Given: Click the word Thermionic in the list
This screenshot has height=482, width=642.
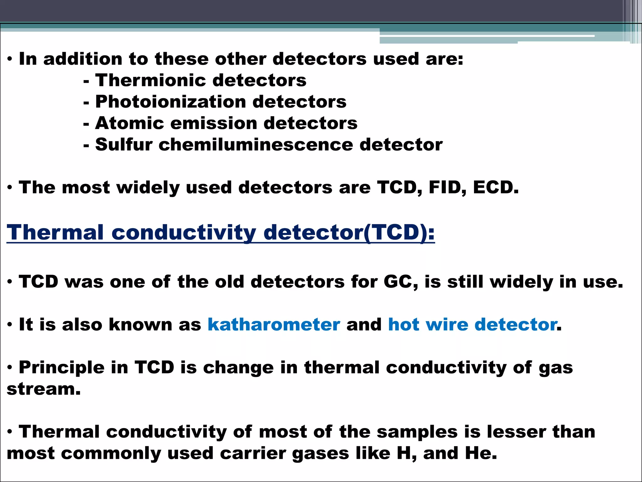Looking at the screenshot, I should [150, 80].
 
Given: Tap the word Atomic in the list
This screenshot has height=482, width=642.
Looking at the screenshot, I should [129, 123].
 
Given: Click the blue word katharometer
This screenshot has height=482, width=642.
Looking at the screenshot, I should [274, 324].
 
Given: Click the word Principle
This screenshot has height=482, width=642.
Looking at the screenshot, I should [61, 367].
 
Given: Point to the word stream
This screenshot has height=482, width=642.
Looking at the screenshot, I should [43, 389].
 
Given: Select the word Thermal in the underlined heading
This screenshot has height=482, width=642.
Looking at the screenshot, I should [55, 233].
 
